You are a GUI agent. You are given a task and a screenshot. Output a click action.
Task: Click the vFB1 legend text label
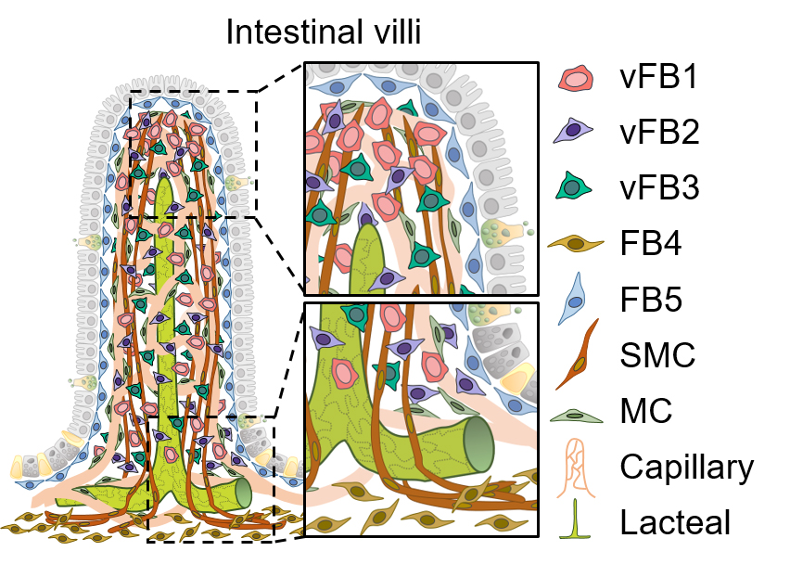click(x=659, y=78)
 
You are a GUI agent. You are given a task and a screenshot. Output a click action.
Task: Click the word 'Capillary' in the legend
click(x=687, y=468)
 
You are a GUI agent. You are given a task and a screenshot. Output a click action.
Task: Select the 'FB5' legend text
click(x=653, y=301)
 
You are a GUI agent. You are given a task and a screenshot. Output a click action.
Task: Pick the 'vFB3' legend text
click(x=659, y=189)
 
